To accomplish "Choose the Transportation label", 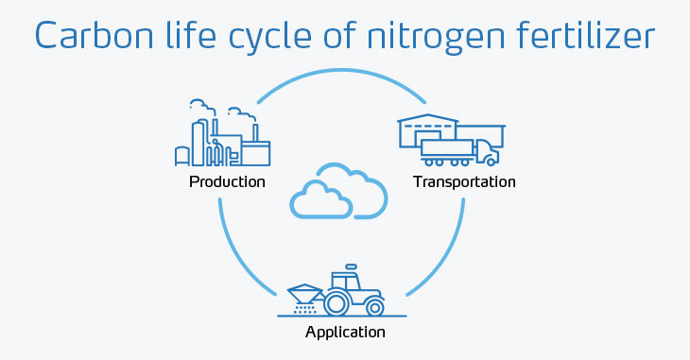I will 464,181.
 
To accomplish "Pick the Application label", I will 345,332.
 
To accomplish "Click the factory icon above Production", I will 222,137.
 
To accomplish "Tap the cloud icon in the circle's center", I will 337,192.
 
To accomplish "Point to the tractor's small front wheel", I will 375,307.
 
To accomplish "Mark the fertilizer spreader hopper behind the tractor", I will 302,291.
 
